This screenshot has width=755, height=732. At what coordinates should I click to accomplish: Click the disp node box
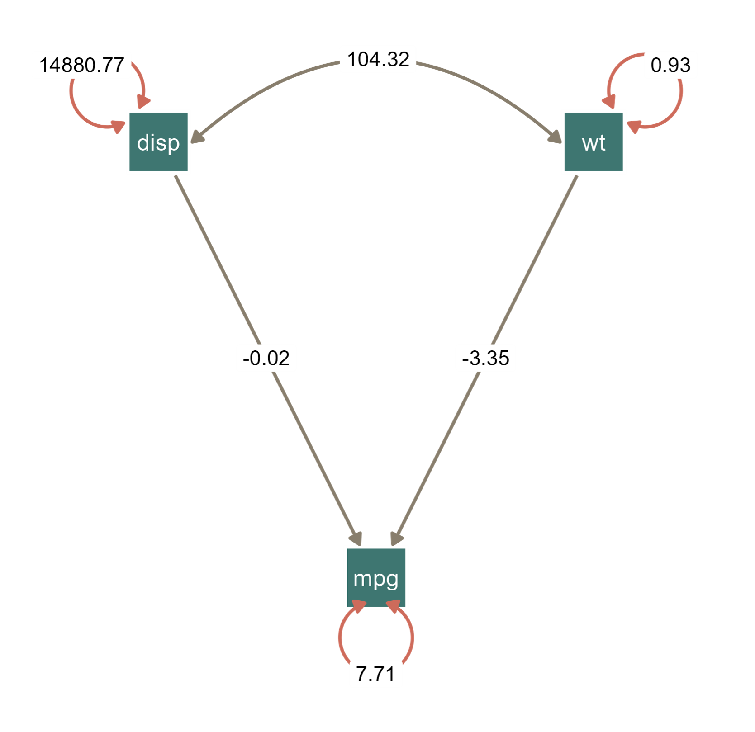158,142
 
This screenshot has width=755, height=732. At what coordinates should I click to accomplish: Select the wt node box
594,142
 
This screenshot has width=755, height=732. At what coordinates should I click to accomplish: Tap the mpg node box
375,577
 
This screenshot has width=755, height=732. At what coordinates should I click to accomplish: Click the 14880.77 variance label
81,65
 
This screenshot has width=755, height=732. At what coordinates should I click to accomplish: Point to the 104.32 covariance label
378,59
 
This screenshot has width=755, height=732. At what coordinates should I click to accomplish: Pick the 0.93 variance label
670,65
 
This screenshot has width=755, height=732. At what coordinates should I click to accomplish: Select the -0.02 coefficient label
266,358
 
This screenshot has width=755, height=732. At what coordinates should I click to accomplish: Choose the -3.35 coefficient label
485,358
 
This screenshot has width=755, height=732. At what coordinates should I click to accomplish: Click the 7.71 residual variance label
375,674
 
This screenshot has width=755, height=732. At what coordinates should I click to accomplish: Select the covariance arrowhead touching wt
554,137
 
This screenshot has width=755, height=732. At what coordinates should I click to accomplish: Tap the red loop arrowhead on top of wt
608,103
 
